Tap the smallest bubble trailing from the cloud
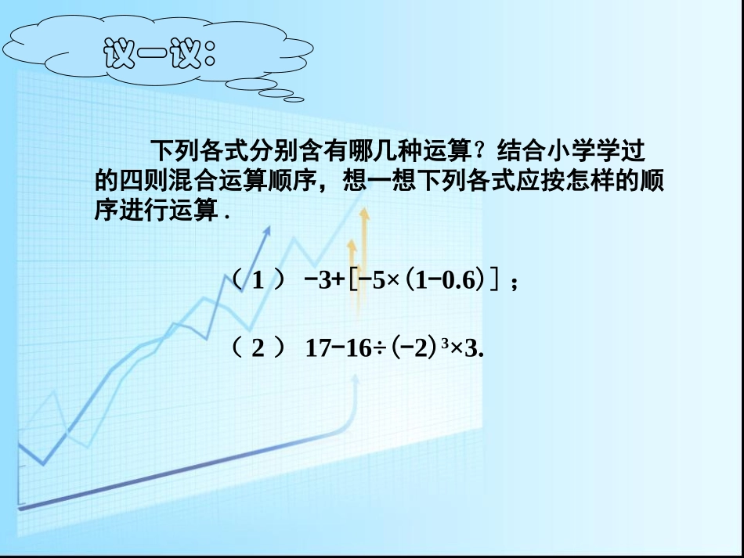pos(293,99)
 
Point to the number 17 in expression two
pos(318,347)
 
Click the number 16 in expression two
pos(358,347)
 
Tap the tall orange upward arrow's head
pos(363,214)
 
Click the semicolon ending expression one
pos(514,283)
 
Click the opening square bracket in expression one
pos(354,280)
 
